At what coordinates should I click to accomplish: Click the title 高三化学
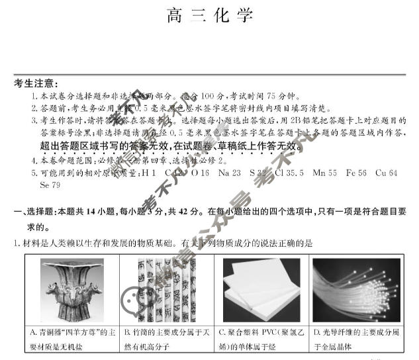[209, 16]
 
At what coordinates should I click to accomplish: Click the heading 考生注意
[36, 84]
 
